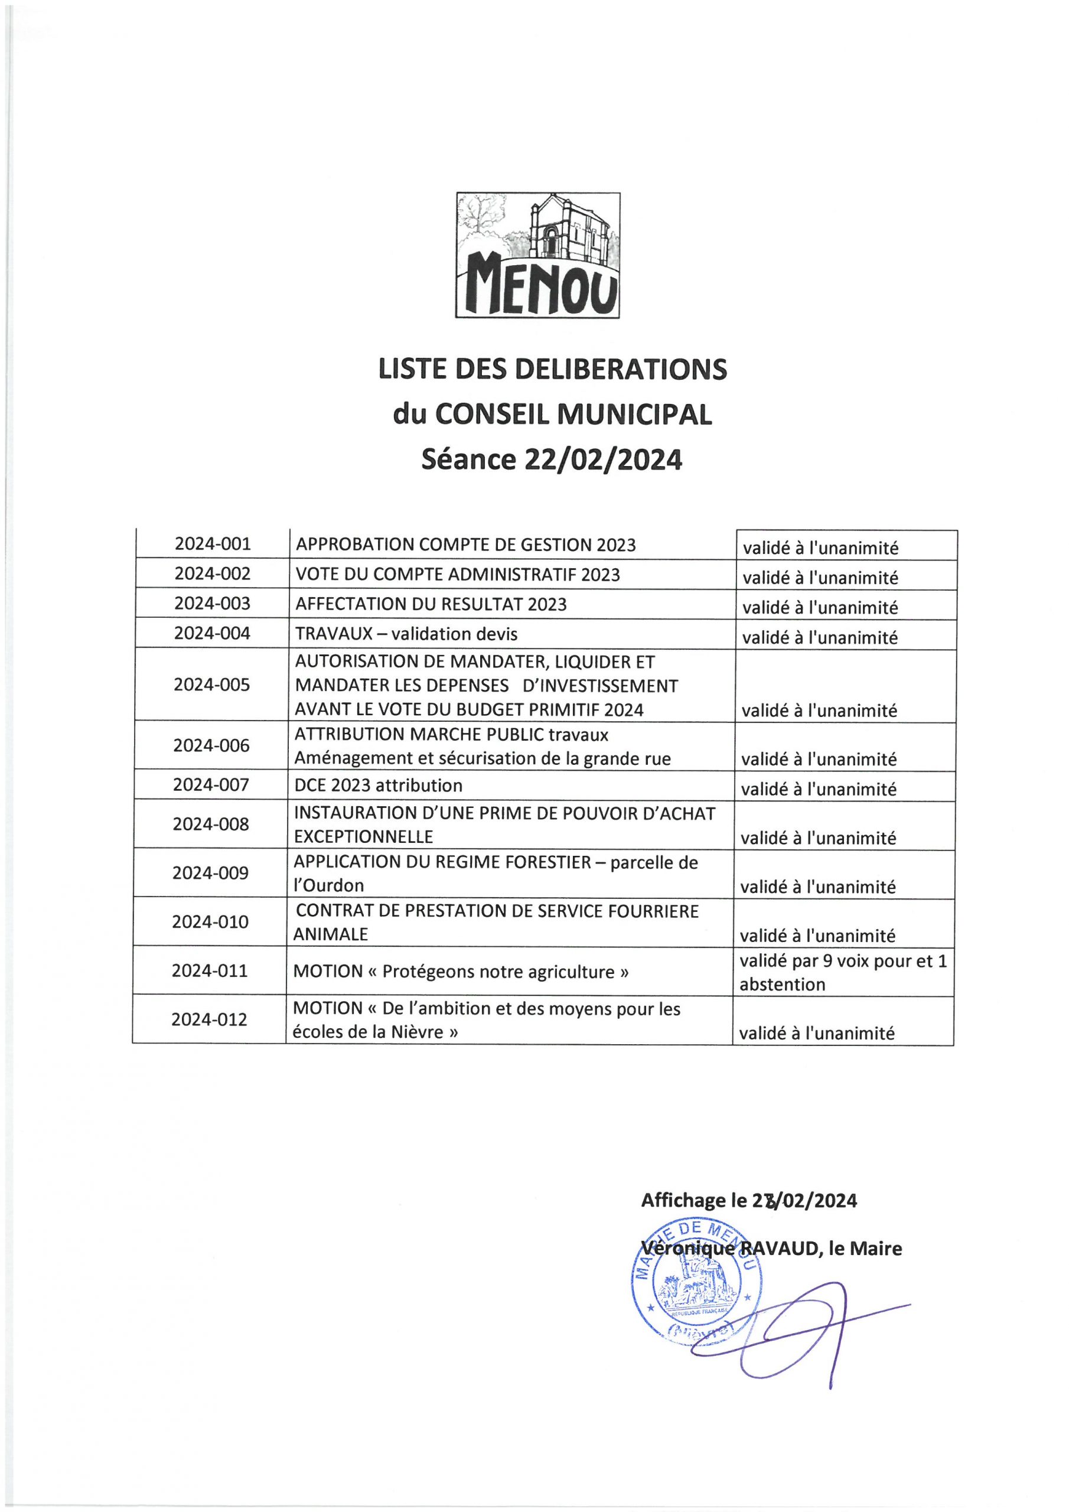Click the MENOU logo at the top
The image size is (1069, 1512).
pyautogui.click(x=537, y=255)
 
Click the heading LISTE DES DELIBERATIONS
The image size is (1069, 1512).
pyautogui.click(x=553, y=370)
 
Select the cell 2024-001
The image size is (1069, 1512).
pyautogui.click(x=213, y=544)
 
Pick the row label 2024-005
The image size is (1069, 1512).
pyautogui.click(x=212, y=685)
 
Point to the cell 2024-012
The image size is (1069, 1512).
pyautogui.click(x=210, y=1019)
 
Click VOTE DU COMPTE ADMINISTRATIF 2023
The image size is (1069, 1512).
pyautogui.click(x=458, y=574)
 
